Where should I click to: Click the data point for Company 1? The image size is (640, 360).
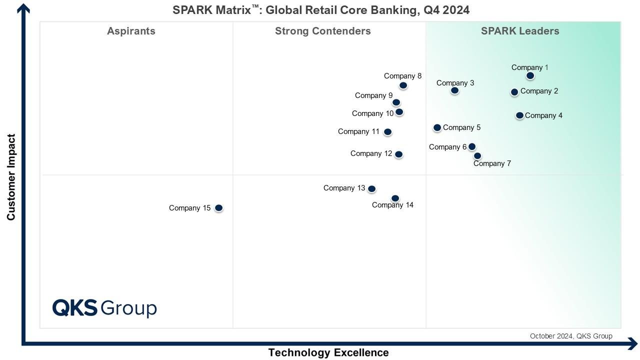530,76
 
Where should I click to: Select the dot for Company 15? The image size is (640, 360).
218,208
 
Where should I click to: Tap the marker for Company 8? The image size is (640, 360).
403,85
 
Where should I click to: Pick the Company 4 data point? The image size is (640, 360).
519,115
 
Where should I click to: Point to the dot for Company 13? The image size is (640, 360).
371,189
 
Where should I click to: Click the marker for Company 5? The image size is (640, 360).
437,128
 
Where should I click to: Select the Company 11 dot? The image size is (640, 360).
387,132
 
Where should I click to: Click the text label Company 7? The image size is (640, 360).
492,163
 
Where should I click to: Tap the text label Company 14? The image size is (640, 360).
392,205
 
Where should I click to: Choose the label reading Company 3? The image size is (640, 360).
455,83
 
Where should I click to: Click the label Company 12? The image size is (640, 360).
371,153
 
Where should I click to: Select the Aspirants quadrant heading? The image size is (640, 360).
131,31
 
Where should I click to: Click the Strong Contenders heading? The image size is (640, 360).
322,31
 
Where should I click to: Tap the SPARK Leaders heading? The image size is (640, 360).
520,31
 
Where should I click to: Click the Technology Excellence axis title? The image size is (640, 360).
328,352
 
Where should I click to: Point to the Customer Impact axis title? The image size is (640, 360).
11,177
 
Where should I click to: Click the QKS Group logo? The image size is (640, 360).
104,308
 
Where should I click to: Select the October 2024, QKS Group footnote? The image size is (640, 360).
571,336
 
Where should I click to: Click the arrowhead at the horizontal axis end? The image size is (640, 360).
632,344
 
